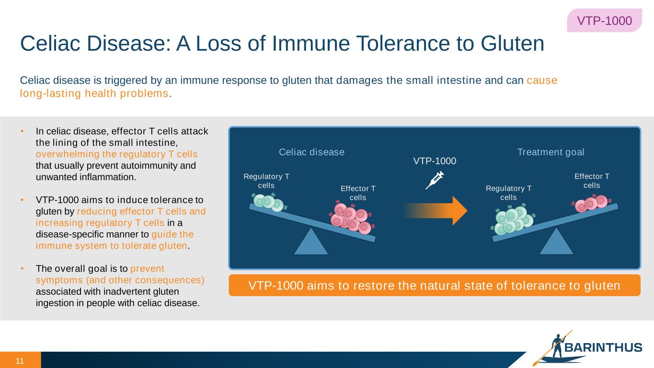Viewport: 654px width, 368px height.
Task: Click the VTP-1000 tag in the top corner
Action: [x=604, y=21]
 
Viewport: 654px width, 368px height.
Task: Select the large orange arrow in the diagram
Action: [x=436, y=210]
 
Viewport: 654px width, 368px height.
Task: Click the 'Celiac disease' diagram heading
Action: [x=311, y=152]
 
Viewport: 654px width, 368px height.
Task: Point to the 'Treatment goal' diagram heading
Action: [x=551, y=152]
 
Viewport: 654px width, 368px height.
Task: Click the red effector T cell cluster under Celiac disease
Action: [x=351, y=218]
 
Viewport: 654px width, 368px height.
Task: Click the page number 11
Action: [x=20, y=360]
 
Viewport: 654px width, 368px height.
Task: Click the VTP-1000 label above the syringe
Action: [x=435, y=161]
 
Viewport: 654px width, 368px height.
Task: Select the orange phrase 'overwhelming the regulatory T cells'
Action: [x=116, y=154]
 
